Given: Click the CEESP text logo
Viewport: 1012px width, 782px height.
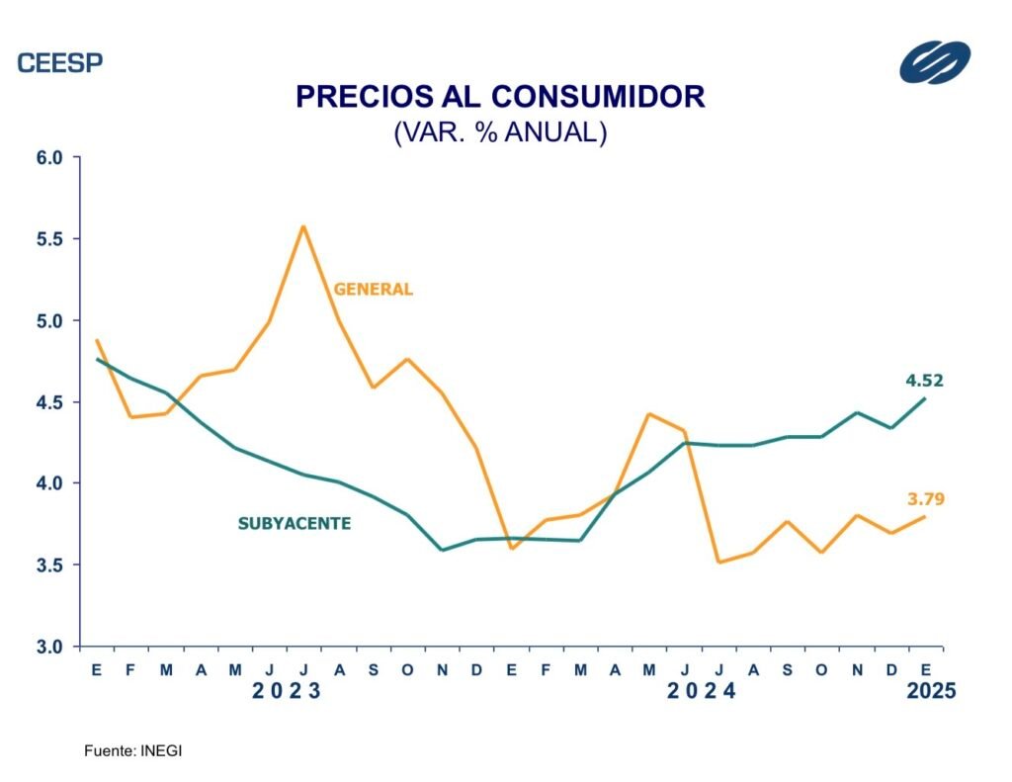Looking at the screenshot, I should (x=60, y=63).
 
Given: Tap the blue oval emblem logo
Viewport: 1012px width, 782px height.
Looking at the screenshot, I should (x=935, y=62).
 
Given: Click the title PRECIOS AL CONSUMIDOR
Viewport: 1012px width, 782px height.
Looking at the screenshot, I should (x=500, y=96).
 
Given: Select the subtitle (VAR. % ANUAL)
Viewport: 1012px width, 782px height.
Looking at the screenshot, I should (x=500, y=132).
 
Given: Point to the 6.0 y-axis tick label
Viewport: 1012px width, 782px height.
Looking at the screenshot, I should (x=49, y=158).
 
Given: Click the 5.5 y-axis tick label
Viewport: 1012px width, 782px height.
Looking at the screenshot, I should (x=49, y=239).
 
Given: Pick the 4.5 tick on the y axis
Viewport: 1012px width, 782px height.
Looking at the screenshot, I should (x=49, y=402).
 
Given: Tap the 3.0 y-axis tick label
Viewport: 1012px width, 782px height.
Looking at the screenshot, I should (x=49, y=648).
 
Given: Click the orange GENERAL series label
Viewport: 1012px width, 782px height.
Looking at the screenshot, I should (x=373, y=290).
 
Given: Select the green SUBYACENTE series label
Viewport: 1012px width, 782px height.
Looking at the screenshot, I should (x=295, y=524).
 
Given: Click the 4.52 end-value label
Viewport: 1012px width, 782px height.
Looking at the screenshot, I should (x=925, y=380).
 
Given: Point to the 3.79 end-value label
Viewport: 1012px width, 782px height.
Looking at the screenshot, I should (x=926, y=499).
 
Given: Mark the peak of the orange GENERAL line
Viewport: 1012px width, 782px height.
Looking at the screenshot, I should (x=303, y=226).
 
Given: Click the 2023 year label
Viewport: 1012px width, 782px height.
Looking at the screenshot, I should (x=287, y=692).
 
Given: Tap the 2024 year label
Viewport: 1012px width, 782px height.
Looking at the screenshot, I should (x=702, y=692).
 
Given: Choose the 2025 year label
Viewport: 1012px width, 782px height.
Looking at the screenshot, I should (x=931, y=692).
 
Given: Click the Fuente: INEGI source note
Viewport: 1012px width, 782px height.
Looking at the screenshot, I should (x=133, y=751).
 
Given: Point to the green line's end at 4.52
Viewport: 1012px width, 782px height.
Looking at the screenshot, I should (x=925, y=398).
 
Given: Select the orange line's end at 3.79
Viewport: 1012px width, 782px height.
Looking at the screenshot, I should (x=925, y=517).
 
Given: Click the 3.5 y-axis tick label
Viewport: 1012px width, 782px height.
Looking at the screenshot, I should (x=49, y=565).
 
